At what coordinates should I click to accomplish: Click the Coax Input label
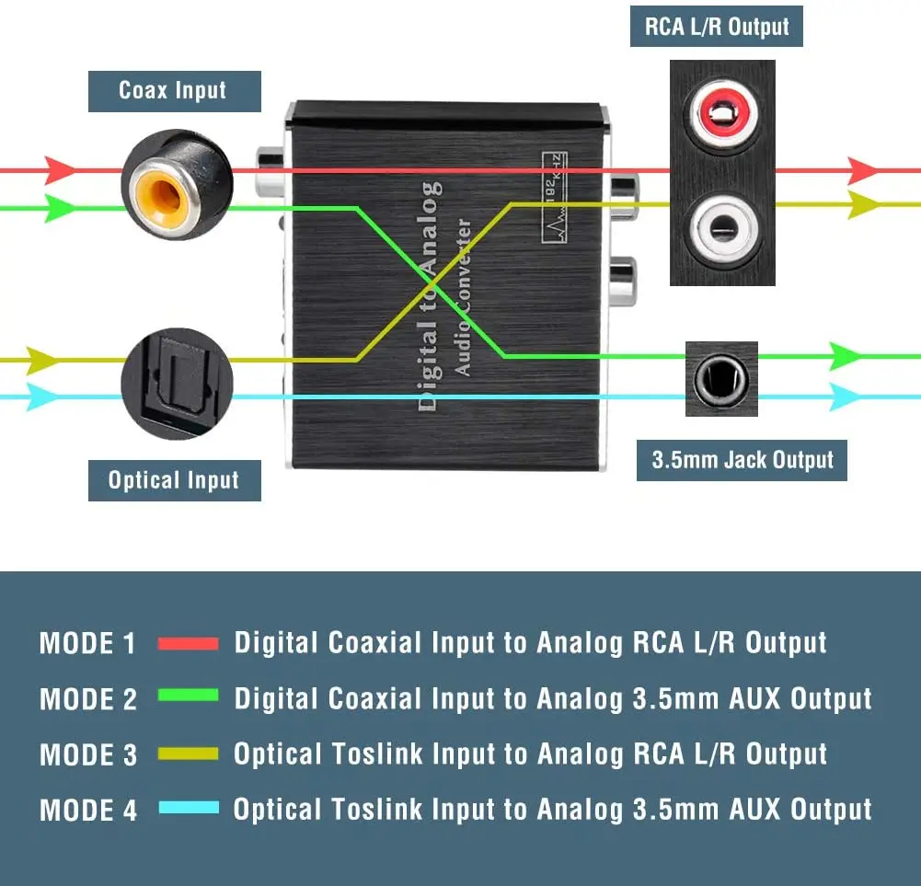(x=174, y=91)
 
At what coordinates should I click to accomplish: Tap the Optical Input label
(x=174, y=480)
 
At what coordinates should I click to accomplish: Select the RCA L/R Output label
(x=717, y=27)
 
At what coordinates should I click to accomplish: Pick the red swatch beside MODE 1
(x=189, y=644)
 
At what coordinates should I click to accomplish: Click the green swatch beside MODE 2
(x=189, y=696)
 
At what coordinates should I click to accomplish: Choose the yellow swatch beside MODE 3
(x=189, y=754)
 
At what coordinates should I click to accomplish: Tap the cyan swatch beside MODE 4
(x=189, y=809)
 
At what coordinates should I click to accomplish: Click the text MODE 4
(x=88, y=811)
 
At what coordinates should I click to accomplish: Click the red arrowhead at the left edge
(x=61, y=170)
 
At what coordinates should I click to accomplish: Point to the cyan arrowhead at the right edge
(x=846, y=397)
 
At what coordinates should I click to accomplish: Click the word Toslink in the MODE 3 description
(x=382, y=754)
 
